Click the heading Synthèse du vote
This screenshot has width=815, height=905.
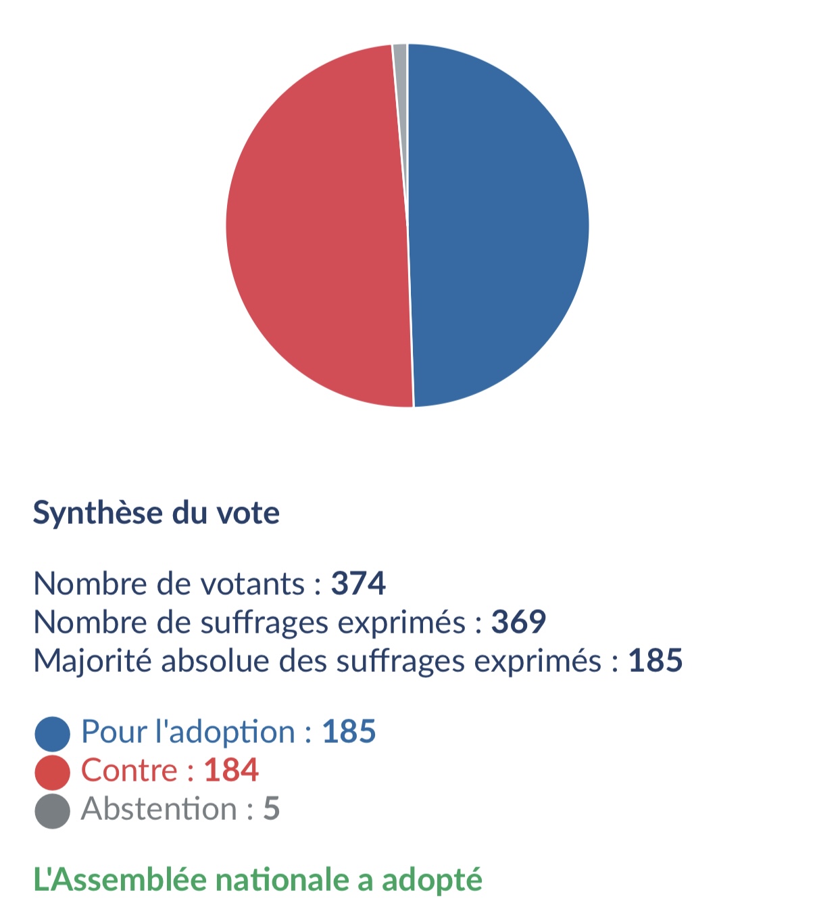click(x=156, y=513)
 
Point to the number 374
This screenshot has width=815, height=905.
click(x=358, y=583)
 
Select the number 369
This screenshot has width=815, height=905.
click(x=518, y=622)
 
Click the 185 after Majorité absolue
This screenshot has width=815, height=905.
click(x=655, y=660)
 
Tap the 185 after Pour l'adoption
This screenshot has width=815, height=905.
click(x=349, y=732)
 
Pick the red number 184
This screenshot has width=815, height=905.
click(x=231, y=771)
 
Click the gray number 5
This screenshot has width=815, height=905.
click(x=272, y=809)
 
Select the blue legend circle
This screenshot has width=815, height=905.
click(x=53, y=734)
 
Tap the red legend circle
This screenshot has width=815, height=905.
click(x=53, y=773)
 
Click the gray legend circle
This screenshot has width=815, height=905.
click(x=53, y=811)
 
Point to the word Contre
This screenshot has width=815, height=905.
click(x=129, y=771)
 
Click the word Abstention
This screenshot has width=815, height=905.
click(x=159, y=809)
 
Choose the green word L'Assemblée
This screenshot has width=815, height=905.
click(x=120, y=880)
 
